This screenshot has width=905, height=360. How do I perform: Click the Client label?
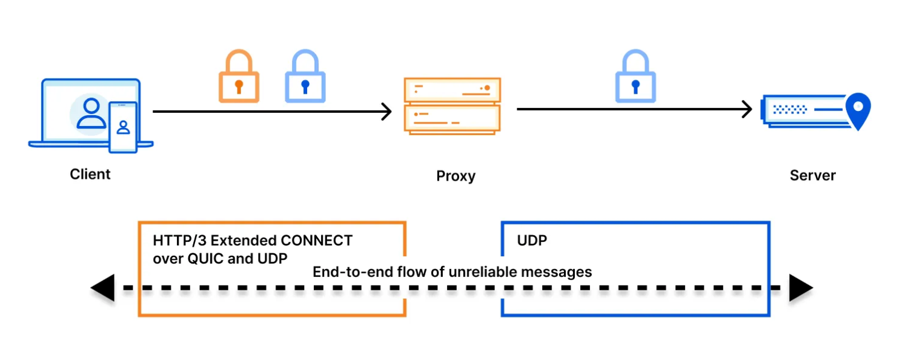[x=90, y=174]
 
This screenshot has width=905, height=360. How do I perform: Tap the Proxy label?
[x=456, y=176]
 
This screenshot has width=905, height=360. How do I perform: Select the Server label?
[x=812, y=175]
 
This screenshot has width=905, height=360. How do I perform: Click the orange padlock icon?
[x=239, y=76]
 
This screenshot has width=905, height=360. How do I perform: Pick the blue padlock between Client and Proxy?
[x=305, y=76]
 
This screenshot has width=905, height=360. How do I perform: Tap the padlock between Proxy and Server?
[x=635, y=76]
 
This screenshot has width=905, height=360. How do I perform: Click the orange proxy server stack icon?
[x=452, y=106]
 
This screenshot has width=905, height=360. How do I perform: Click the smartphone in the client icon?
[x=123, y=127]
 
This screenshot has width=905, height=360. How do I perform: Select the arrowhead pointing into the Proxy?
[x=387, y=112]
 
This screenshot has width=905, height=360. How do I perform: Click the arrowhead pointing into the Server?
[x=747, y=109]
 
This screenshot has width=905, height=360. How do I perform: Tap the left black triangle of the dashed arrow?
[x=102, y=288]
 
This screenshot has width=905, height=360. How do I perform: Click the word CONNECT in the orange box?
[x=316, y=241]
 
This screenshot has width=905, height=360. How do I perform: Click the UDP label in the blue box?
[x=532, y=241]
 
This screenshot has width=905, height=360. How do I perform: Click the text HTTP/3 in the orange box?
[x=179, y=241]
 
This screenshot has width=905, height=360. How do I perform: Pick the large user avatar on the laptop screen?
[x=91, y=113]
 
